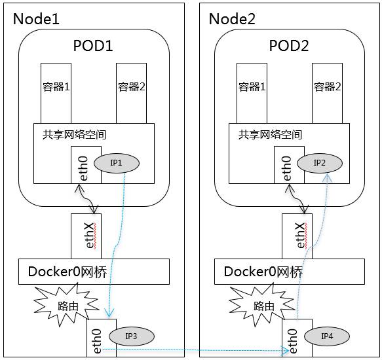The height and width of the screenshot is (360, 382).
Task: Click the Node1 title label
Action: tap(36, 19)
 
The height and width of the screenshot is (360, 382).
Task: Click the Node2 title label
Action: tap(232, 19)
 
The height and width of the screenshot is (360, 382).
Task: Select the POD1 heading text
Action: tap(93, 46)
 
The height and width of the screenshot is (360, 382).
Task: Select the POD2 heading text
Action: tap(289, 46)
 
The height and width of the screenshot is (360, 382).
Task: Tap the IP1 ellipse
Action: tap(117, 163)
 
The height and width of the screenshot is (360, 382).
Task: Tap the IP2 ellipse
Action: tap(320, 163)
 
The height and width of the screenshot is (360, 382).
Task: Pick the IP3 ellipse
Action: tap(132, 336)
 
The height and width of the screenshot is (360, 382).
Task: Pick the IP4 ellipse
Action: tap(327, 336)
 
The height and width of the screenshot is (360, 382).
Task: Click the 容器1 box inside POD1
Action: tap(56, 93)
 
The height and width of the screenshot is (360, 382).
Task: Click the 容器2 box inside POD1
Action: tap(131, 93)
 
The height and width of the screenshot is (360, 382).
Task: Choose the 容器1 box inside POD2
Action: tap(252, 93)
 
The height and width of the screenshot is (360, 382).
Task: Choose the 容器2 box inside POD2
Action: tap(327, 93)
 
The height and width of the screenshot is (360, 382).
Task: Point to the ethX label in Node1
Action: tap(90, 236)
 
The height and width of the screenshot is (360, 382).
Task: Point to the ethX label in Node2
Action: tap(301, 236)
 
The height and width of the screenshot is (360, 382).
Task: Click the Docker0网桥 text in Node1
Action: tap(67, 272)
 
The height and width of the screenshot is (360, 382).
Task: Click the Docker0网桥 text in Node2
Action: tap(263, 272)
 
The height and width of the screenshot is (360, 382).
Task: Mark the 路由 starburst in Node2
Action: tap(262, 306)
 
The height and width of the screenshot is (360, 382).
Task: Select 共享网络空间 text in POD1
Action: tap(74, 135)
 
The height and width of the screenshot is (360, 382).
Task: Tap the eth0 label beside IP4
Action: tap(292, 341)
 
